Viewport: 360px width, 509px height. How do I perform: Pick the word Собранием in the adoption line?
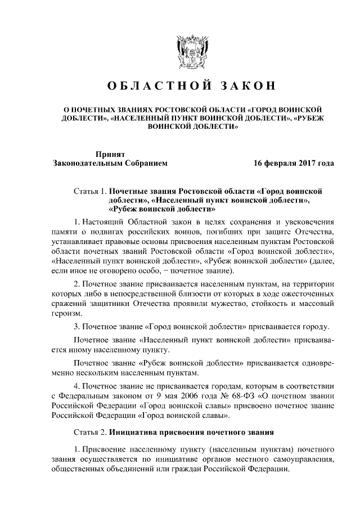point(143,164)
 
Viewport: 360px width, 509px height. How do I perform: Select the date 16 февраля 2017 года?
point(294,164)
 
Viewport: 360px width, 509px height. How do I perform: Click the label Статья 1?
point(89,192)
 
